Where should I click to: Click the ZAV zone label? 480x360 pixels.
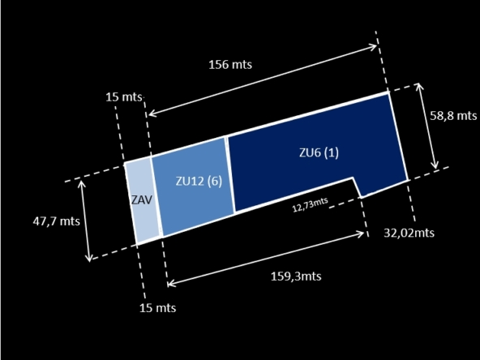coord(142,200)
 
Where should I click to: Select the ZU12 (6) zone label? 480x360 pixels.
coord(199,181)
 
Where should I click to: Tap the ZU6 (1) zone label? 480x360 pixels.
coord(319,152)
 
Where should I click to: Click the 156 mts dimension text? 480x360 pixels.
coord(230,65)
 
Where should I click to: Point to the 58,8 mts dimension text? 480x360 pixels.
coord(453,116)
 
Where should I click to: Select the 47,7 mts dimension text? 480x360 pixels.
coord(56,221)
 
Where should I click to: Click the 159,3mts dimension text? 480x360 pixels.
coord(296,276)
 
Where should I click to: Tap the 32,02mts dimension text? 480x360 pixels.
coord(409,233)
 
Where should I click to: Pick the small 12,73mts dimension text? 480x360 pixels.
coord(311,204)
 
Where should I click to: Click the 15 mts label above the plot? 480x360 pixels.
coord(124,97)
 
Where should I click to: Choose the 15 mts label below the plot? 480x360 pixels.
coord(157,307)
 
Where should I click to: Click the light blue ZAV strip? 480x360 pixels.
coord(143,200)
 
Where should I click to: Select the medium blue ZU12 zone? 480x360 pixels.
coord(194,186)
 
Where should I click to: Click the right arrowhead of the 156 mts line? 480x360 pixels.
coord(376,46)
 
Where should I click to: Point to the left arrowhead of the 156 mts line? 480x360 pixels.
coord(149,114)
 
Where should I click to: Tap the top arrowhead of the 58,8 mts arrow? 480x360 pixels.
coord(419,84)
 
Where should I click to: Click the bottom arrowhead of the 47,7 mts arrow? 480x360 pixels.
coord(89,261)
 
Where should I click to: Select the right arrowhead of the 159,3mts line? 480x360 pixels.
coord(363,234)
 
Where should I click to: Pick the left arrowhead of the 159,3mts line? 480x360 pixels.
coord(169,285)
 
